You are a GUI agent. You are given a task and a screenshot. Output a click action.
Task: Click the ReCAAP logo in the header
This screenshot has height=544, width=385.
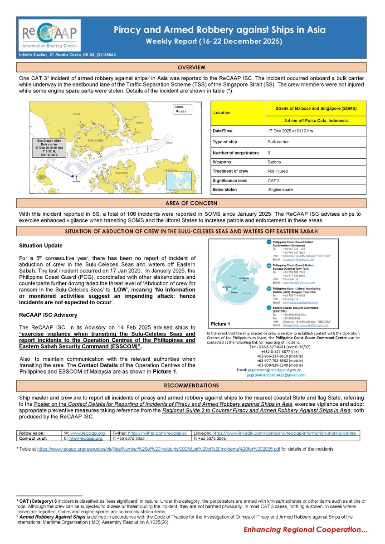coord(49,34)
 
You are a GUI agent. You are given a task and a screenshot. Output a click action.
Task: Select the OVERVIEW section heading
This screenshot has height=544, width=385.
coord(191,68)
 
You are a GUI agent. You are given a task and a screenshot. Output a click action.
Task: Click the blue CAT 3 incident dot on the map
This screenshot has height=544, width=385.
coord(73,176)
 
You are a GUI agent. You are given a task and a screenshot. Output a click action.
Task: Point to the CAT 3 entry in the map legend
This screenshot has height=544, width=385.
coord(182,111)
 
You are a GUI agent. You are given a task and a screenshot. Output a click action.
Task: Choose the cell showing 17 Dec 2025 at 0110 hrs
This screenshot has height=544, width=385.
coord(291,131)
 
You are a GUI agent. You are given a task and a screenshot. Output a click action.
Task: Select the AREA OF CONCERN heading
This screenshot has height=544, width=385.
coord(191,203)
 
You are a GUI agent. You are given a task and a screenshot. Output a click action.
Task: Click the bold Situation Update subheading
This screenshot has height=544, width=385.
coord(41,246)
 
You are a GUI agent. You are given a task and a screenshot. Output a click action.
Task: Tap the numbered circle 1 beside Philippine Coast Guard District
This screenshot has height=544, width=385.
coord(269,243)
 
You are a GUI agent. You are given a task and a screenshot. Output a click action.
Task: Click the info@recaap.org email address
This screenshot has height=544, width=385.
coord(88,439)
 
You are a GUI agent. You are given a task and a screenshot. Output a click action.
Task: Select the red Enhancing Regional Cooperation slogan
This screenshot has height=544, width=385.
coord(305,530)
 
